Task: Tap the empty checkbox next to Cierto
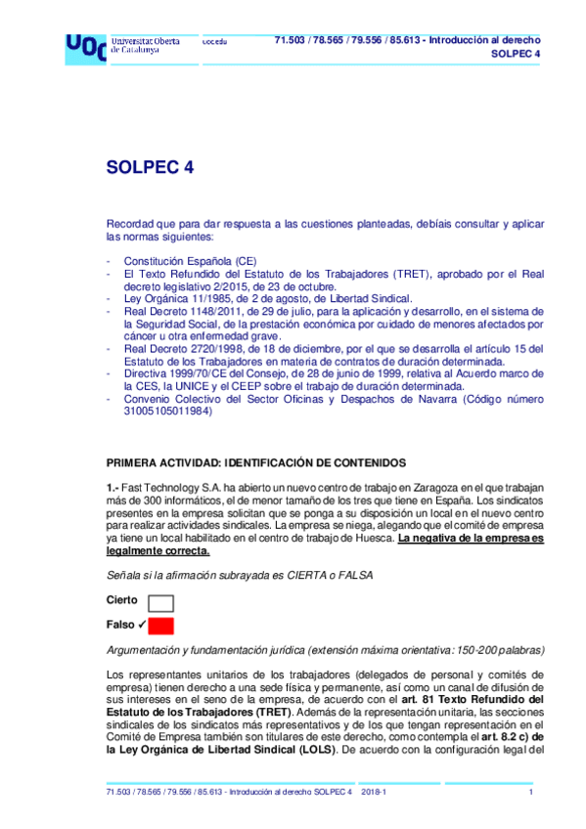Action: pos(160,602)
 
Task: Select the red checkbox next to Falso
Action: pos(160,626)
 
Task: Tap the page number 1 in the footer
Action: pos(530,791)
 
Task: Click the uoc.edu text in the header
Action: pos(214,42)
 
